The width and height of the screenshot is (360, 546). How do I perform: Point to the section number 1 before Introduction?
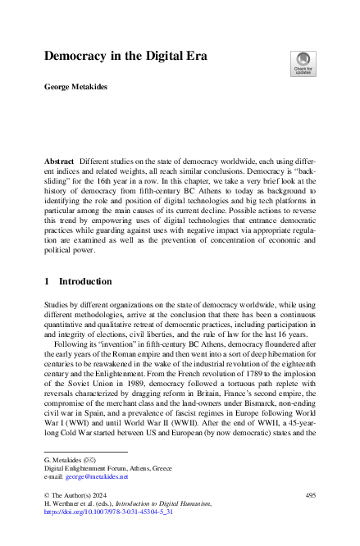point(46,281)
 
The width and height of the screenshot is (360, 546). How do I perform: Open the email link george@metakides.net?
point(85,475)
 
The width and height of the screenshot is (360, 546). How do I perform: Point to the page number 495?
point(309,496)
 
